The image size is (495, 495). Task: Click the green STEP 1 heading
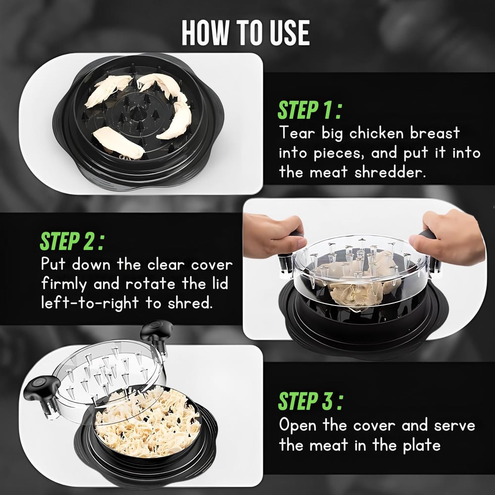coord(309,110)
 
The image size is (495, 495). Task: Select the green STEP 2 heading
coord(72,241)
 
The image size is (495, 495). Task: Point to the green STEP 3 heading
coord(310,401)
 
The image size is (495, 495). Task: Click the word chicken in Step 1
coord(376,133)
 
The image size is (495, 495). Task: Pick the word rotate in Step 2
coord(150,284)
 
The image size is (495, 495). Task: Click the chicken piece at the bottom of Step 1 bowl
coord(119,143)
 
